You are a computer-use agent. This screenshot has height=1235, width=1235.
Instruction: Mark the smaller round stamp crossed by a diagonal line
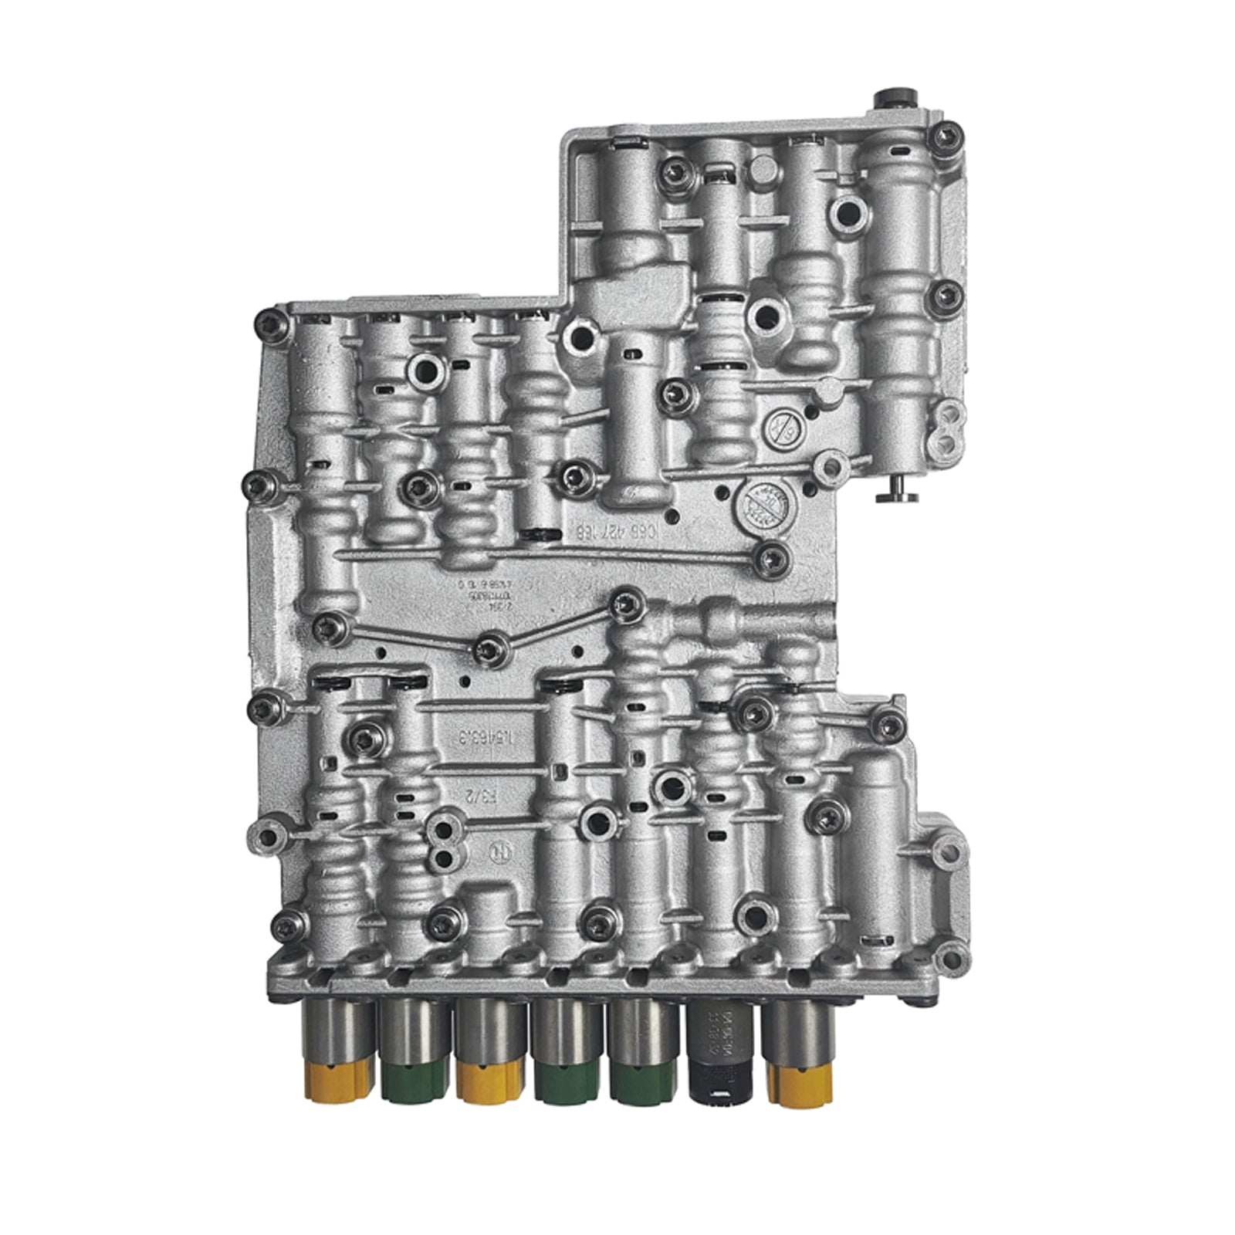pos(784,428)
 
